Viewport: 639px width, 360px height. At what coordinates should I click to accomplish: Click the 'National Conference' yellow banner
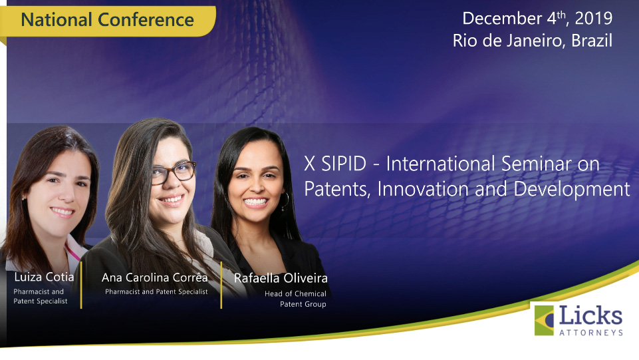(108, 21)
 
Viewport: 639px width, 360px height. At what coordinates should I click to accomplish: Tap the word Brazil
(592, 41)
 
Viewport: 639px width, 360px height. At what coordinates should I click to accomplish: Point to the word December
(502, 19)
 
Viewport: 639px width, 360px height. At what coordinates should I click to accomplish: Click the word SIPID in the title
(344, 164)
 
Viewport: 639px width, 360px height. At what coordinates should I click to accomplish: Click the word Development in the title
(572, 190)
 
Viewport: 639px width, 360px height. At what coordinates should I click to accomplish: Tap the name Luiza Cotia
(44, 277)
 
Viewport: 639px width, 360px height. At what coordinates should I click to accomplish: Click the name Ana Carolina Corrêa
(154, 277)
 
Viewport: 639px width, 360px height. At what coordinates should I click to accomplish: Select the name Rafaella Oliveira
(281, 278)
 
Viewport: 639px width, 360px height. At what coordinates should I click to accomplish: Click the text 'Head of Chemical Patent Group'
(295, 299)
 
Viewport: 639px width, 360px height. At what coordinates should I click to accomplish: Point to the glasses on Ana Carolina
(174, 172)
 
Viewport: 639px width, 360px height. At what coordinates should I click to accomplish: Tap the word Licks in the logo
(590, 316)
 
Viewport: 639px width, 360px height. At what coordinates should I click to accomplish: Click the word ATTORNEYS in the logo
(591, 333)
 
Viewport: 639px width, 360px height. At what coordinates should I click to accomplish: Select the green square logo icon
(544, 321)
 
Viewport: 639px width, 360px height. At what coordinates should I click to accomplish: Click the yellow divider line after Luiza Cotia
(81, 285)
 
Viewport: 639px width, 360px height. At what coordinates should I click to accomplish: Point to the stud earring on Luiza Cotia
(25, 198)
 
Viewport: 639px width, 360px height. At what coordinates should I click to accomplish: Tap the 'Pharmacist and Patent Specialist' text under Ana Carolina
(156, 292)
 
